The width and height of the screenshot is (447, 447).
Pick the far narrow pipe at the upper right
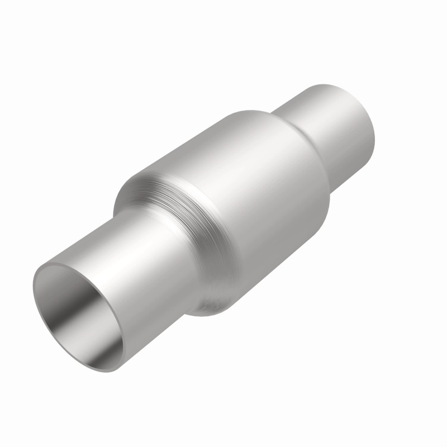coord(330,129)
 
